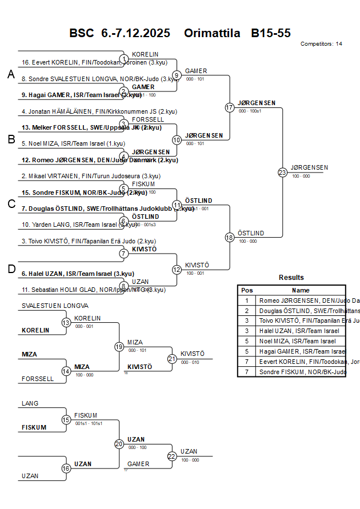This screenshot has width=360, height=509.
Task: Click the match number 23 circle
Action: coord(282,172)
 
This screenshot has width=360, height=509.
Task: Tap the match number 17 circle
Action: coord(230,107)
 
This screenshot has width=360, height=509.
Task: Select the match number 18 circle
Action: coord(230,238)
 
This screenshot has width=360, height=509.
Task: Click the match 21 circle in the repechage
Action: coord(172,359)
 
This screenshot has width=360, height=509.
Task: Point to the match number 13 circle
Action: coord(66,323)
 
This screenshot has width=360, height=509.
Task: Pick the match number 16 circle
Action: coord(66,468)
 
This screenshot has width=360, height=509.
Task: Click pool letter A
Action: coord(10,74)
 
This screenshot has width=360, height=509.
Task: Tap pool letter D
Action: coord(10,269)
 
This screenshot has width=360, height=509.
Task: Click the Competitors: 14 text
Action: coord(321,44)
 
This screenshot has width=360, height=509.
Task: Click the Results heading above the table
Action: coord(291,278)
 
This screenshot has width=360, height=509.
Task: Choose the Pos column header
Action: coord(247,290)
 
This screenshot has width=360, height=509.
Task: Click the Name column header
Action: coord(301,290)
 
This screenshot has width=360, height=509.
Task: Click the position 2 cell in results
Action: coord(247,310)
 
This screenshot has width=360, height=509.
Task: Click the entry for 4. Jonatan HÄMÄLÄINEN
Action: coord(91,111)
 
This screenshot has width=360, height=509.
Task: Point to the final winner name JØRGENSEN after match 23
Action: coord(309,167)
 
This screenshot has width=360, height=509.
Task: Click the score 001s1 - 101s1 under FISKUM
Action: coord(89,423)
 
